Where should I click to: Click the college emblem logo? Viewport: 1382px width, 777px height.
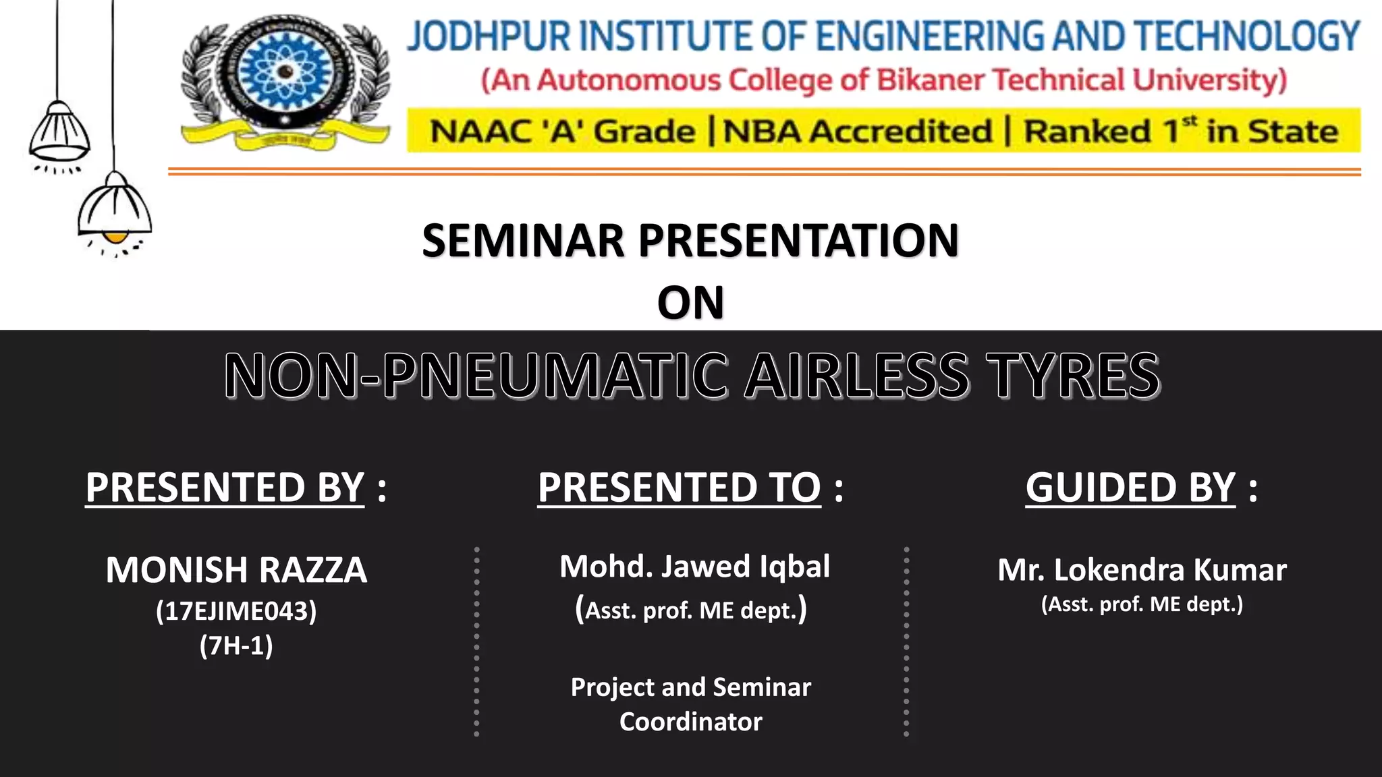(x=285, y=81)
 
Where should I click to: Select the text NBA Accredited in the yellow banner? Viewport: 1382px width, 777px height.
(x=857, y=131)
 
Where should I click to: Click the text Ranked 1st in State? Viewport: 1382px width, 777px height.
(x=1181, y=131)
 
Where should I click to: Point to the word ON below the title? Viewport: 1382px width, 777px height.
(x=690, y=302)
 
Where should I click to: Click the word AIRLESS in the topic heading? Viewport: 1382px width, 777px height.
(x=857, y=376)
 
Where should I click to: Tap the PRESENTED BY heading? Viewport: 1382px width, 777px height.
(x=225, y=487)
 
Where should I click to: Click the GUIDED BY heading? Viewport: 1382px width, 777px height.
(x=1130, y=487)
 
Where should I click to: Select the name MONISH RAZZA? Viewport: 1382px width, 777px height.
(x=236, y=570)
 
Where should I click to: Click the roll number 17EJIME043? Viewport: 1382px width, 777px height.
(x=236, y=611)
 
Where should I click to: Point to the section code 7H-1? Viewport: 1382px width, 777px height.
(x=236, y=646)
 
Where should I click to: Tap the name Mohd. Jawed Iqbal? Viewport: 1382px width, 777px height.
(x=694, y=567)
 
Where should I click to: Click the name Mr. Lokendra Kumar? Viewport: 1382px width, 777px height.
(x=1142, y=570)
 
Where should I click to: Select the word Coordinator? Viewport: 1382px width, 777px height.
(x=690, y=722)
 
